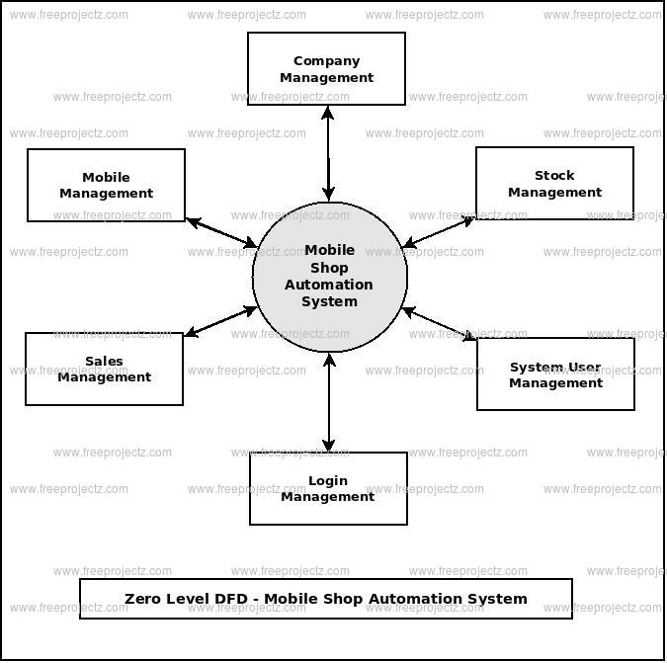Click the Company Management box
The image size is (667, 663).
tap(326, 68)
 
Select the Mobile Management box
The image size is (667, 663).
tap(106, 185)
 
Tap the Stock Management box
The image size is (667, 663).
tap(554, 183)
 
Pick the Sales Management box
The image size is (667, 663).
tap(104, 369)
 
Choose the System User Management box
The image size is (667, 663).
tap(555, 374)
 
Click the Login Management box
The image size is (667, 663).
tap(328, 488)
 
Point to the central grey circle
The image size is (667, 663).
tap(329, 277)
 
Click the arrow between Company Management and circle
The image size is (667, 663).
tap(327, 152)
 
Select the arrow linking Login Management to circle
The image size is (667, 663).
tap(329, 402)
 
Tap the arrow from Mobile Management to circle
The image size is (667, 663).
tap(221, 233)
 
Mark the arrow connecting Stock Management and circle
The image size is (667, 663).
tap(440, 231)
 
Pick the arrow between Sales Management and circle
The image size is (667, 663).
tap(220, 322)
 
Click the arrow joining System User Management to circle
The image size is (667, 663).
tap(441, 325)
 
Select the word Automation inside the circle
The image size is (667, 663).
tap(329, 285)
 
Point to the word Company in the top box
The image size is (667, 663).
tap(326, 61)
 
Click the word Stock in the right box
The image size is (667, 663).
tap(554, 176)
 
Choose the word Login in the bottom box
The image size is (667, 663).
tap(328, 481)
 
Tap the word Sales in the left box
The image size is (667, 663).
tap(104, 362)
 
